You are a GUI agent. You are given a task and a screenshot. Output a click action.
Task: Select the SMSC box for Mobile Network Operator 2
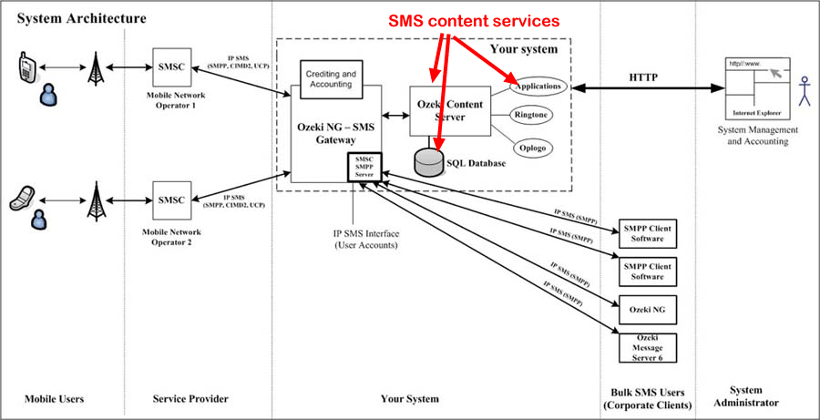tap(170, 200)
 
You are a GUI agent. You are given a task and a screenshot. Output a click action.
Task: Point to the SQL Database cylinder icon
tap(427, 161)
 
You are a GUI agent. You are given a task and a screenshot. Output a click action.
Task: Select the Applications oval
tap(539, 86)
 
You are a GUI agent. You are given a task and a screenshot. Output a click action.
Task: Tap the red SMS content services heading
tap(473, 21)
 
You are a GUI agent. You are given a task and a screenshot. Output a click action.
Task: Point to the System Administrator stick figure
tap(803, 91)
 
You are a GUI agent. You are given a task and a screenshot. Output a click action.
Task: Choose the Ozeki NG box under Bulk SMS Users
tap(646, 309)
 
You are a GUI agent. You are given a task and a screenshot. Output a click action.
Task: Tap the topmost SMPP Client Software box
tap(646, 233)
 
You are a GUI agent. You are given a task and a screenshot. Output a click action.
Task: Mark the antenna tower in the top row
tap(95, 68)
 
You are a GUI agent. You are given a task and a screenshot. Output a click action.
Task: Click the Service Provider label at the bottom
tap(190, 399)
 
